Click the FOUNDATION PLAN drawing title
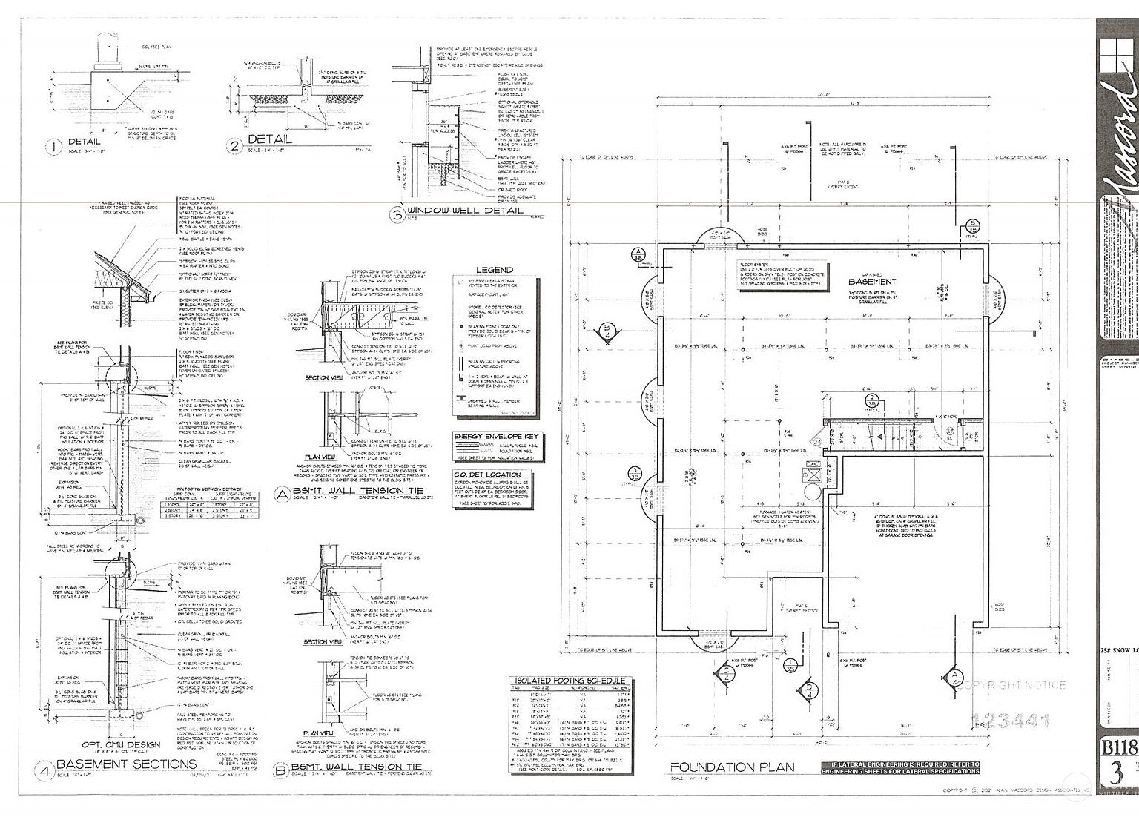(733, 767)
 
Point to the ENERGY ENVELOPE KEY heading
(497, 437)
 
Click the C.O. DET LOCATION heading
(487, 474)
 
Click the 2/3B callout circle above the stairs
(872, 400)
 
